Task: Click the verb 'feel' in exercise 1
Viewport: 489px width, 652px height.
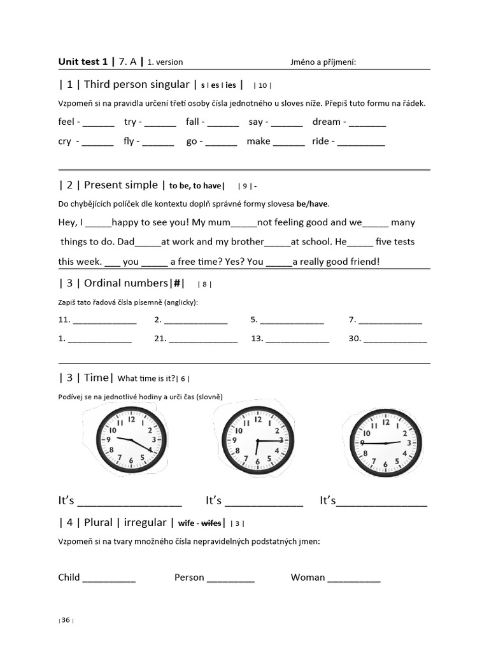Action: click(x=66, y=122)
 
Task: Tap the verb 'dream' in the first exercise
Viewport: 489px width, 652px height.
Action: click(x=326, y=122)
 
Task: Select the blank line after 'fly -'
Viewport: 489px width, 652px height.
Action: click(x=158, y=142)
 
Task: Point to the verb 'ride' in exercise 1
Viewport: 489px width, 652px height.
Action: click(x=320, y=141)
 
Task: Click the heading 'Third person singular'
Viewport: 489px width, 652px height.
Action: click(x=136, y=84)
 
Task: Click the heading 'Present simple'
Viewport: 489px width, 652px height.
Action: click(x=120, y=185)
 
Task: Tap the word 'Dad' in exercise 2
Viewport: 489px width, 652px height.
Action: click(x=126, y=241)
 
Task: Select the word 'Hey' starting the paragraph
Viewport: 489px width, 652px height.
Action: click(x=67, y=222)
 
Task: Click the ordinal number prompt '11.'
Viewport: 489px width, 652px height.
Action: click(x=64, y=320)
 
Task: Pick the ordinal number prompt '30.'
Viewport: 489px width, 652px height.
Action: click(x=355, y=339)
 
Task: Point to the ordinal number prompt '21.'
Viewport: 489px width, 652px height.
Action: click(x=160, y=339)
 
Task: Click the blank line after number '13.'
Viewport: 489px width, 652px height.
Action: click(x=297, y=340)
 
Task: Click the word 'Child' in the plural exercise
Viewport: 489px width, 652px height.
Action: click(x=69, y=578)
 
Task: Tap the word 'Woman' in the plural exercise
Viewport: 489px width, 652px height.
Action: click(x=308, y=578)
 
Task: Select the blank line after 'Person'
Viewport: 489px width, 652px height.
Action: click(x=230, y=579)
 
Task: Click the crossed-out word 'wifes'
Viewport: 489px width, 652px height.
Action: click(x=211, y=523)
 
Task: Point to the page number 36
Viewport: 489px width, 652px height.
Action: click(x=66, y=621)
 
